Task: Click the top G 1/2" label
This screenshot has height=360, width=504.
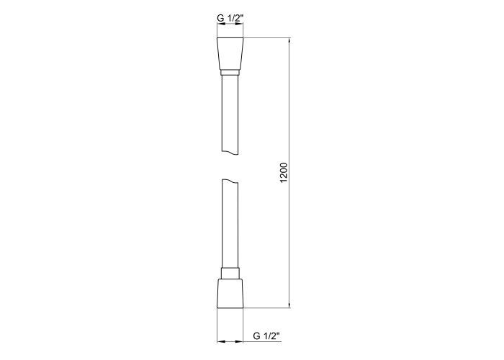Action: pyautogui.click(x=230, y=18)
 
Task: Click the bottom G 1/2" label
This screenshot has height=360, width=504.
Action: pyautogui.click(x=266, y=336)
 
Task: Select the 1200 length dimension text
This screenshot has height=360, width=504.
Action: pyautogui.click(x=284, y=173)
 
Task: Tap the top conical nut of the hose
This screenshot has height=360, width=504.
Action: pyautogui.click(x=230, y=54)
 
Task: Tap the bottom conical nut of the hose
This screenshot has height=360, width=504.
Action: pyautogui.click(x=230, y=293)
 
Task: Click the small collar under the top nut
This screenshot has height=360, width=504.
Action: pyautogui.click(x=230, y=73)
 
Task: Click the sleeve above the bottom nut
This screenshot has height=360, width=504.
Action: pyautogui.click(x=230, y=273)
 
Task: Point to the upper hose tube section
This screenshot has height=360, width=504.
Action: pyautogui.click(x=230, y=114)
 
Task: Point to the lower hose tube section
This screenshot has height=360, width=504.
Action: pyautogui.click(x=230, y=224)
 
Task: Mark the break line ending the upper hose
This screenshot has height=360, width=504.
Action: pyautogui.click(x=230, y=153)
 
